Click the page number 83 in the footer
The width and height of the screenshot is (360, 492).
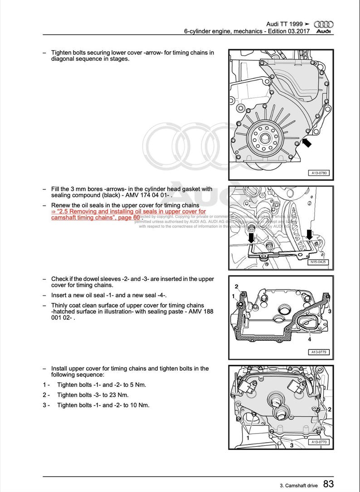pos(329,485)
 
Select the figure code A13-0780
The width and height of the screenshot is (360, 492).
pos(319,173)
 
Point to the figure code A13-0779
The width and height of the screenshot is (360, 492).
pos(319,352)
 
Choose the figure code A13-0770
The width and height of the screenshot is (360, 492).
pos(319,442)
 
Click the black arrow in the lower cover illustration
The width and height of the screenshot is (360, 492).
pos(307,143)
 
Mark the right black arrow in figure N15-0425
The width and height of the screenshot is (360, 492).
pos(309,234)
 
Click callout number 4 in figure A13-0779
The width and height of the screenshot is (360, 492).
pos(310,339)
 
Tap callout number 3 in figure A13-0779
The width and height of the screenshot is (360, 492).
pos(330,312)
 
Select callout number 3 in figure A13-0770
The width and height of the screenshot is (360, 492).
pos(292,445)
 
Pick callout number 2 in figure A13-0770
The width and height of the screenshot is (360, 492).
pos(330,409)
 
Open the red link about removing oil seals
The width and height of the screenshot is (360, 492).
pos(128,214)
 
